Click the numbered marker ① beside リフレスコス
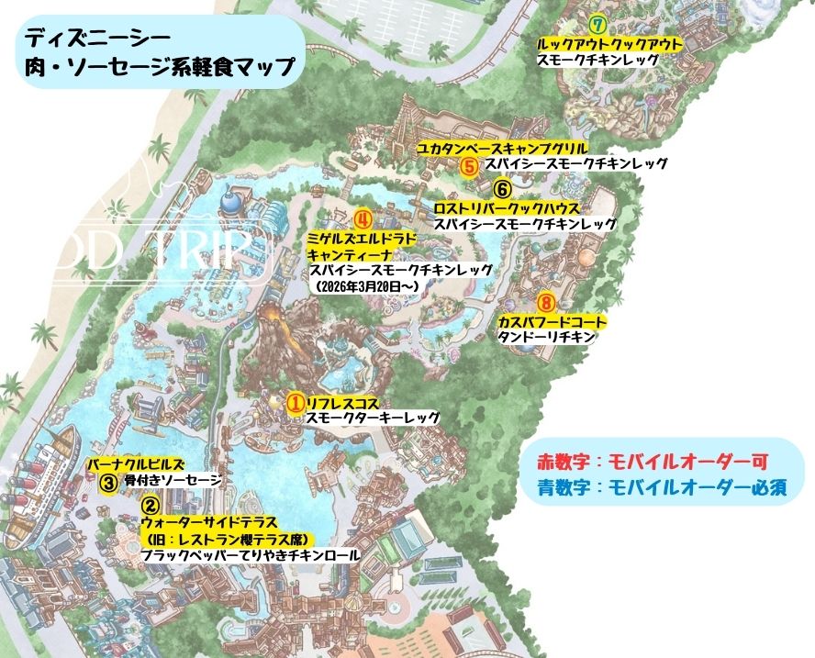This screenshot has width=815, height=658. (x=296, y=402)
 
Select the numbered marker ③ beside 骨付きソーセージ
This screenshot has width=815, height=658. (x=108, y=480)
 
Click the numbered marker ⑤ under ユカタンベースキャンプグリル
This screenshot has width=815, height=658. (x=469, y=166)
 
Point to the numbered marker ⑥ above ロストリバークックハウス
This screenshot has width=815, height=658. (x=502, y=189)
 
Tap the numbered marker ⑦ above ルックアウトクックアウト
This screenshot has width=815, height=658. (x=599, y=25)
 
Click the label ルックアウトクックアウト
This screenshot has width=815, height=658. (x=609, y=43)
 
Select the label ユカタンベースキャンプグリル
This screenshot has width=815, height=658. (x=502, y=148)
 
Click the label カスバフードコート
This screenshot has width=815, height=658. (x=552, y=321)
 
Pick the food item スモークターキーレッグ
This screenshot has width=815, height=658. (x=373, y=418)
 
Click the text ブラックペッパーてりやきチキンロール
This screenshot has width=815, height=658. (x=249, y=555)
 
